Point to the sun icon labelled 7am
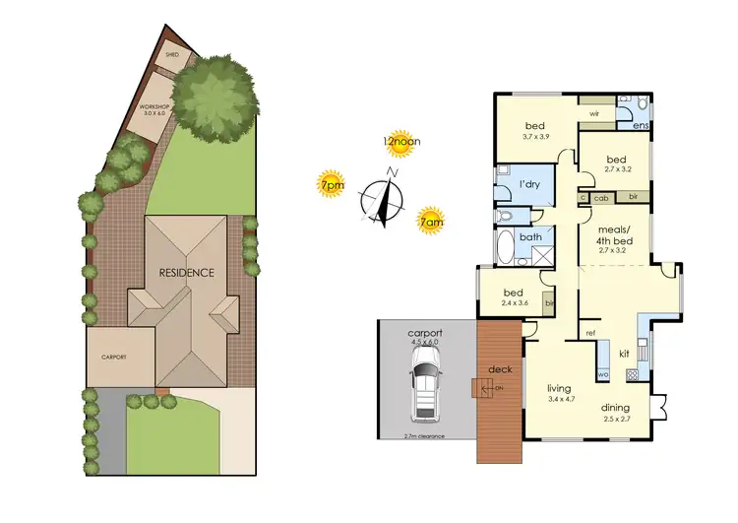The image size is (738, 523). click(x=429, y=218)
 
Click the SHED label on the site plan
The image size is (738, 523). click(x=173, y=56)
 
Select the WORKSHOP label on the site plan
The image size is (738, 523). click(x=154, y=109)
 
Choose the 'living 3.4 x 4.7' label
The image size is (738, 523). click(x=558, y=395)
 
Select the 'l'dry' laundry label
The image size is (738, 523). click(x=528, y=184)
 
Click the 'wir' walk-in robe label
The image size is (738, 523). click(x=594, y=114)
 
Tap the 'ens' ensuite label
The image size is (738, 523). click(x=639, y=126)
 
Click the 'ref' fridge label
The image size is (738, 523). click(x=590, y=333)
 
